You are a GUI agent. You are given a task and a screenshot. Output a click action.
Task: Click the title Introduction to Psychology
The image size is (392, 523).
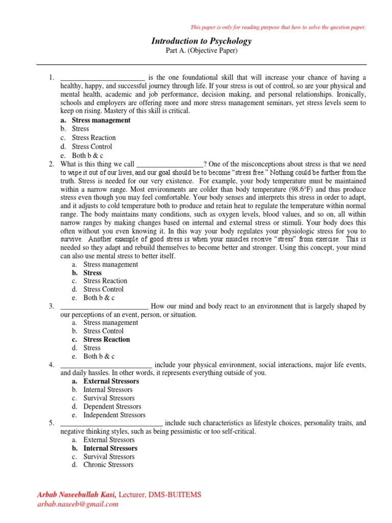coord(201,41)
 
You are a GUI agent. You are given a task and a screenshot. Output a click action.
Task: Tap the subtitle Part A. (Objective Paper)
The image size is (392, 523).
coord(201,51)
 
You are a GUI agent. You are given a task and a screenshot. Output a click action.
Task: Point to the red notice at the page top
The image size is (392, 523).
coord(278,27)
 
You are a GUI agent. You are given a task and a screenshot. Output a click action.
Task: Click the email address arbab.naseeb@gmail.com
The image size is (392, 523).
coord(77,504)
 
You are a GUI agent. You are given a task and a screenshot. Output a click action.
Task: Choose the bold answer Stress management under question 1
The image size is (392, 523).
coord(101,121)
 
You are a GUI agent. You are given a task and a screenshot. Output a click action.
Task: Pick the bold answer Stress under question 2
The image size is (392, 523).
coord(92,273)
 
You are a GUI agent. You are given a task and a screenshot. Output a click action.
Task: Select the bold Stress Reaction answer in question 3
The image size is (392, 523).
coord(106,340)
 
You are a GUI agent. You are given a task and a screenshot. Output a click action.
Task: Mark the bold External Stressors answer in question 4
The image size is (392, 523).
coord(111,382)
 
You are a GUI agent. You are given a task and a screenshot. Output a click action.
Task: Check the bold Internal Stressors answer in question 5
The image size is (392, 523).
coord(110,448)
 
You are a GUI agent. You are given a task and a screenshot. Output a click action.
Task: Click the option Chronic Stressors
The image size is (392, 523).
coord(108,465)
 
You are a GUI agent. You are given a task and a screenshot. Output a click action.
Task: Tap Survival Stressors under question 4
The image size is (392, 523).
coord(109,398)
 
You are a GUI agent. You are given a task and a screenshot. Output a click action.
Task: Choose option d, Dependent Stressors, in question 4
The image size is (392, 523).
coord(112,407)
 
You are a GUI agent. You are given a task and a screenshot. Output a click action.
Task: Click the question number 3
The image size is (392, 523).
coord(52,306)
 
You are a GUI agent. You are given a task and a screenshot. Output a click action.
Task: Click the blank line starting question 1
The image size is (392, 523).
coord(103,78)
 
